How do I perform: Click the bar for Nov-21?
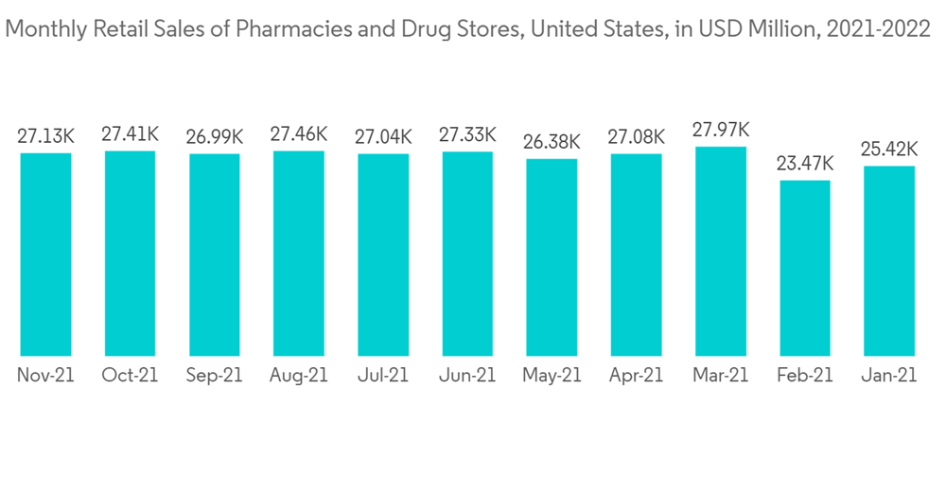(x=45, y=254)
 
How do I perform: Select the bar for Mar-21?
(x=720, y=251)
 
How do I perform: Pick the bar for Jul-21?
(x=383, y=254)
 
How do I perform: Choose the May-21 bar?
(x=552, y=256)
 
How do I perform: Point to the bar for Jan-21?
(x=889, y=260)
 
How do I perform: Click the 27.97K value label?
(x=720, y=130)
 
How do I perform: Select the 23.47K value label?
(x=804, y=164)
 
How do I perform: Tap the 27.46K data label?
(x=299, y=133)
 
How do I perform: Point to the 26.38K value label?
(x=552, y=143)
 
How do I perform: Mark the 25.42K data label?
(x=889, y=150)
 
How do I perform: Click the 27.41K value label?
(x=130, y=133)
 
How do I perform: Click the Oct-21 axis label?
(x=130, y=375)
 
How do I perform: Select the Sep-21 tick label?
(x=214, y=375)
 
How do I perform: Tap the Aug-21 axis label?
(x=299, y=375)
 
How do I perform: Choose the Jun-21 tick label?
(x=467, y=375)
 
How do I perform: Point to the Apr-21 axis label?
(x=636, y=375)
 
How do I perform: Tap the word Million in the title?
(x=780, y=30)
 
